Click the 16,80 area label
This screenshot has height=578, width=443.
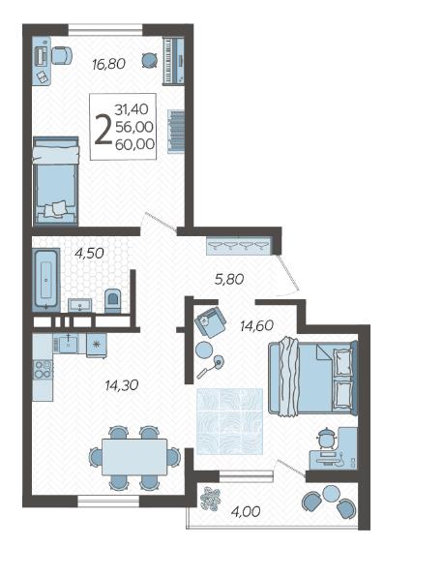[x=108, y=64]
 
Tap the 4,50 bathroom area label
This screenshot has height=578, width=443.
[x=89, y=254]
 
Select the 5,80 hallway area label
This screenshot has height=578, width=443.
[x=229, y=279]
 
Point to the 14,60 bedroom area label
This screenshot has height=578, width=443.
[x=256, y=325]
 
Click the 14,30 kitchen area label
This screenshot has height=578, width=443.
[x=122, y=385]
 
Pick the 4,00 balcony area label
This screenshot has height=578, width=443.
[x=246, y=511]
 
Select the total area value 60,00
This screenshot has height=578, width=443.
[x=134, y=144]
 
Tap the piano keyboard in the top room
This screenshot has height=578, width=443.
[x=173, y=60]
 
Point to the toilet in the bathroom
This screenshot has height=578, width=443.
[x=112, y=301]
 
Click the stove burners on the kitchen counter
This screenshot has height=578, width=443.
[x=43, y=370]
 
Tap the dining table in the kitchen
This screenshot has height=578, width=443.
[x=134, y=457]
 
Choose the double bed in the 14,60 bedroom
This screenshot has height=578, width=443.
[x=312, y=379]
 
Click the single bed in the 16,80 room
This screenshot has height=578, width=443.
[x=55, y=181]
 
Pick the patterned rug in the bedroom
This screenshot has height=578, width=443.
[x=230, y=421]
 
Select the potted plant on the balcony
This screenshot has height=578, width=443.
[x=210, y=499]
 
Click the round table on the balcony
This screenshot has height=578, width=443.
[x=331, y=493]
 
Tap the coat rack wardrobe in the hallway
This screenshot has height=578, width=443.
[x=239, y=246]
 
